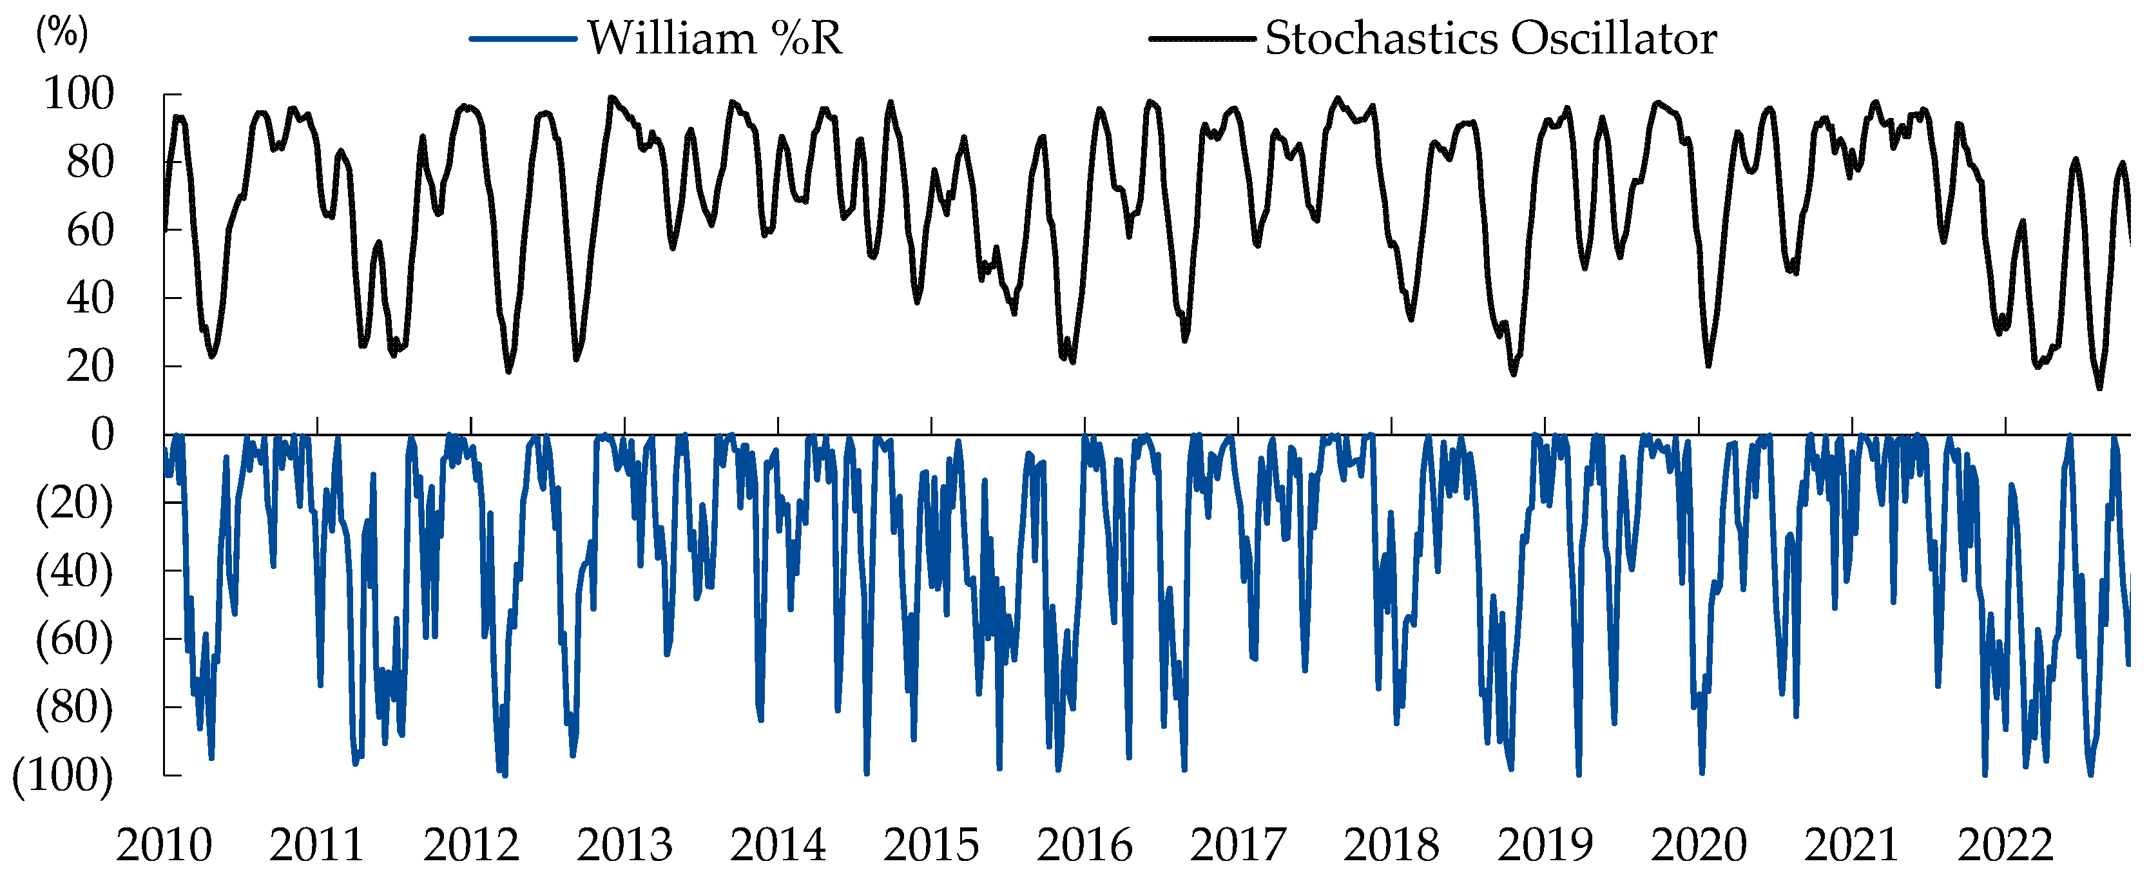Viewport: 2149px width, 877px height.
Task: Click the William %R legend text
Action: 715,39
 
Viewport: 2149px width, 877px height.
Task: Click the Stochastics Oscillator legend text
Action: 1491,39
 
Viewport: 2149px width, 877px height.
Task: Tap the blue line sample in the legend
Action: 523,39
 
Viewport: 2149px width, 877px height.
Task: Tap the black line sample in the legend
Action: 1201,39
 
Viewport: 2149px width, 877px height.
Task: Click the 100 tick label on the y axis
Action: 79,93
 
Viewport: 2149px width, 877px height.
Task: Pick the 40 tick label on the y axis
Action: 90,298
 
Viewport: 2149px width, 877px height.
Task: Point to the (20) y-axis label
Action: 74,503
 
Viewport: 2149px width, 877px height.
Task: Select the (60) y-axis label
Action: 74,639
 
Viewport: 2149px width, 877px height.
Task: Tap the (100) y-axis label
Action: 63,775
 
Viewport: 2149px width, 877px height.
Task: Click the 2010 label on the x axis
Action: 164,845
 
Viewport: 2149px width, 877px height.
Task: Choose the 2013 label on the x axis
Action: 625,845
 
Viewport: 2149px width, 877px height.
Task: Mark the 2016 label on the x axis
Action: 1084,845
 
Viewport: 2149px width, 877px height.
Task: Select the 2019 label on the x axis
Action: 1545,845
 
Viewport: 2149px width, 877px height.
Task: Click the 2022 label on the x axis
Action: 2005,845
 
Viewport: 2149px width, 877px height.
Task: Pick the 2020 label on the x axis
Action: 1699,845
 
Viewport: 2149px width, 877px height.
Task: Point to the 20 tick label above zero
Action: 90,366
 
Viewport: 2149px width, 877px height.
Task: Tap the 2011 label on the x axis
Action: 317,845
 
